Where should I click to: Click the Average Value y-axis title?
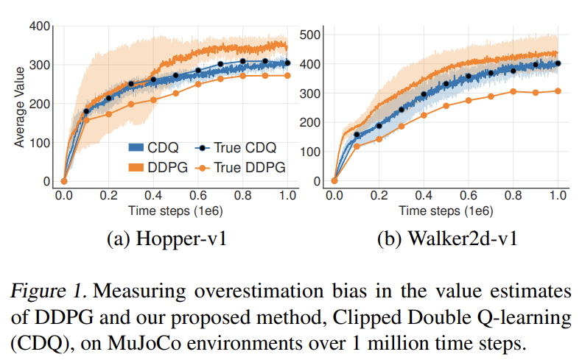click(x=20, y=105)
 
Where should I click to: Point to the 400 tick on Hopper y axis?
click(x=41, y=27)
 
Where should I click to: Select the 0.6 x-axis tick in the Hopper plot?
click(x=197, y=195)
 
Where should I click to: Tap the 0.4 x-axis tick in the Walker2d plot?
click(x=424, y=195)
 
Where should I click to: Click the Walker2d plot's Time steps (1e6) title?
click(x=446, y=210)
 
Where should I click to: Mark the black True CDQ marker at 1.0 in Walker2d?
click(x=558, y=63)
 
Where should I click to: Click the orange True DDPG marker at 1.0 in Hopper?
click(x=287, y=75)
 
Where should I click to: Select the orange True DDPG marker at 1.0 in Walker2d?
click(x=558, y=91)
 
